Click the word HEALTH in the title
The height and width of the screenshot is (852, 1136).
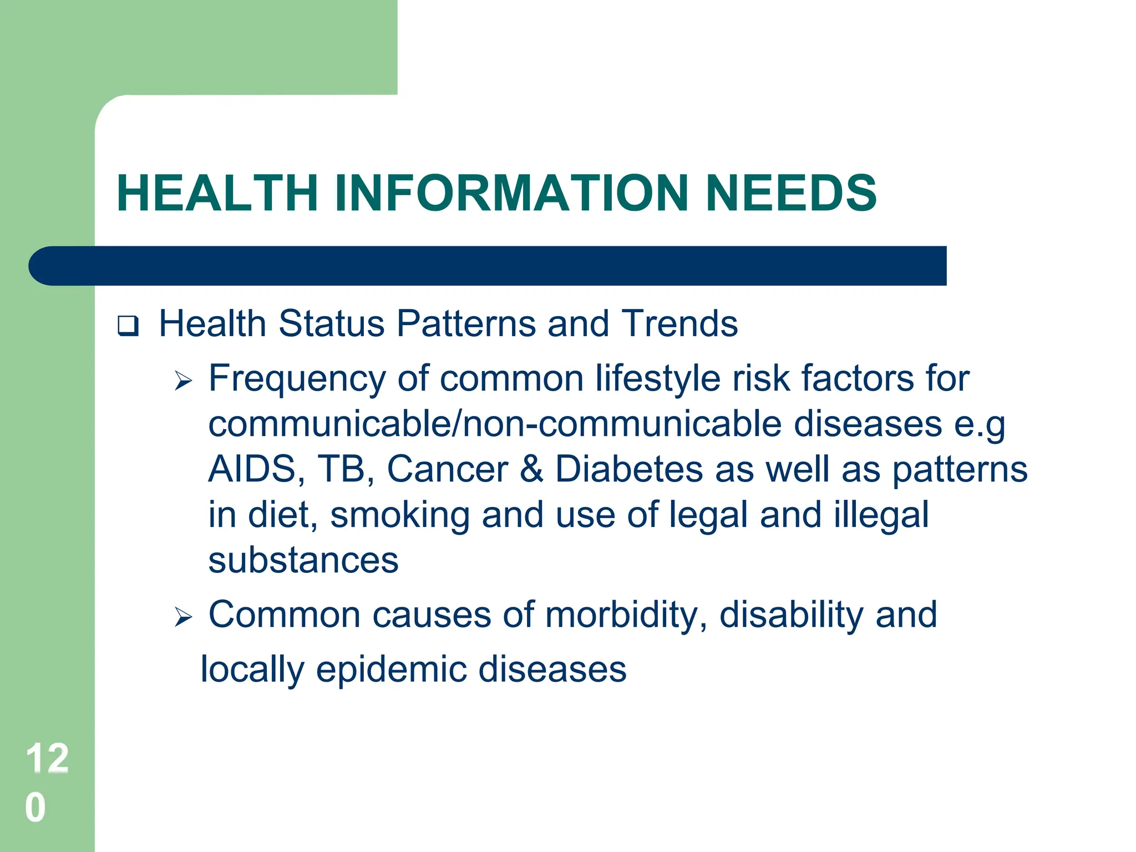217,193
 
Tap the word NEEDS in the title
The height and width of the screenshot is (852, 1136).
791,193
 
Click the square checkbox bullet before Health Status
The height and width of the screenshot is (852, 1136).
128,326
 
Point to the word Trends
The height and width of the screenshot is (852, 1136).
679,323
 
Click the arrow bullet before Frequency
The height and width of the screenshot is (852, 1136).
183,381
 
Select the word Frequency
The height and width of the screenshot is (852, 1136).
297,379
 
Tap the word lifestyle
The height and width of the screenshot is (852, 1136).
658,379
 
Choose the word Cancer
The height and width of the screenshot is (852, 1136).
447,469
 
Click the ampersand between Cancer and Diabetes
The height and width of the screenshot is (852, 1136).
531,469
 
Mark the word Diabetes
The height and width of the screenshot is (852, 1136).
629,469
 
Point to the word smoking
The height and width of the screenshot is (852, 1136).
400,515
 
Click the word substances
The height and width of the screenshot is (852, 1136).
303,560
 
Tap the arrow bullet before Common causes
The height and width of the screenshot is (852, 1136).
183,617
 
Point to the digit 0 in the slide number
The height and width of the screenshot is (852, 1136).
35,808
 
